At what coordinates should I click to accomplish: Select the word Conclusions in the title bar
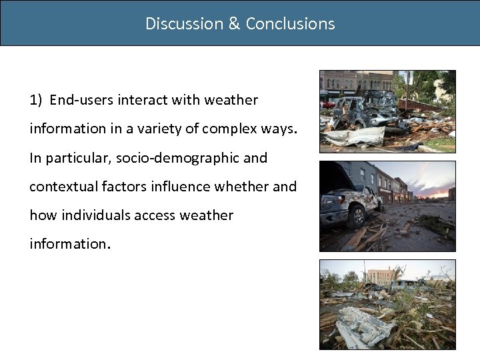(290, 24)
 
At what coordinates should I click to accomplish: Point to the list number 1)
(37, 101)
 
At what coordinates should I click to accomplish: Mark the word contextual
(59, 187)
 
